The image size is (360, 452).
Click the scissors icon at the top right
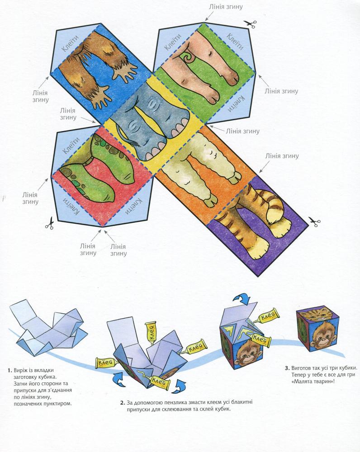(250, 24)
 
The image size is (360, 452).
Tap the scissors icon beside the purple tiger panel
(314, 221)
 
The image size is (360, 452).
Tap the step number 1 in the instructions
(9, 371)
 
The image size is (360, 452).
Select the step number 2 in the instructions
(122, 402)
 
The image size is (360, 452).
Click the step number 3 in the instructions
(287, 368)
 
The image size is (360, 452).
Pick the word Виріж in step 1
(21, 370)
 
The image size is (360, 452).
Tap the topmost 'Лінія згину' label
(226, 6)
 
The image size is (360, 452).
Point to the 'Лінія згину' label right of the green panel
(281, 91)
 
